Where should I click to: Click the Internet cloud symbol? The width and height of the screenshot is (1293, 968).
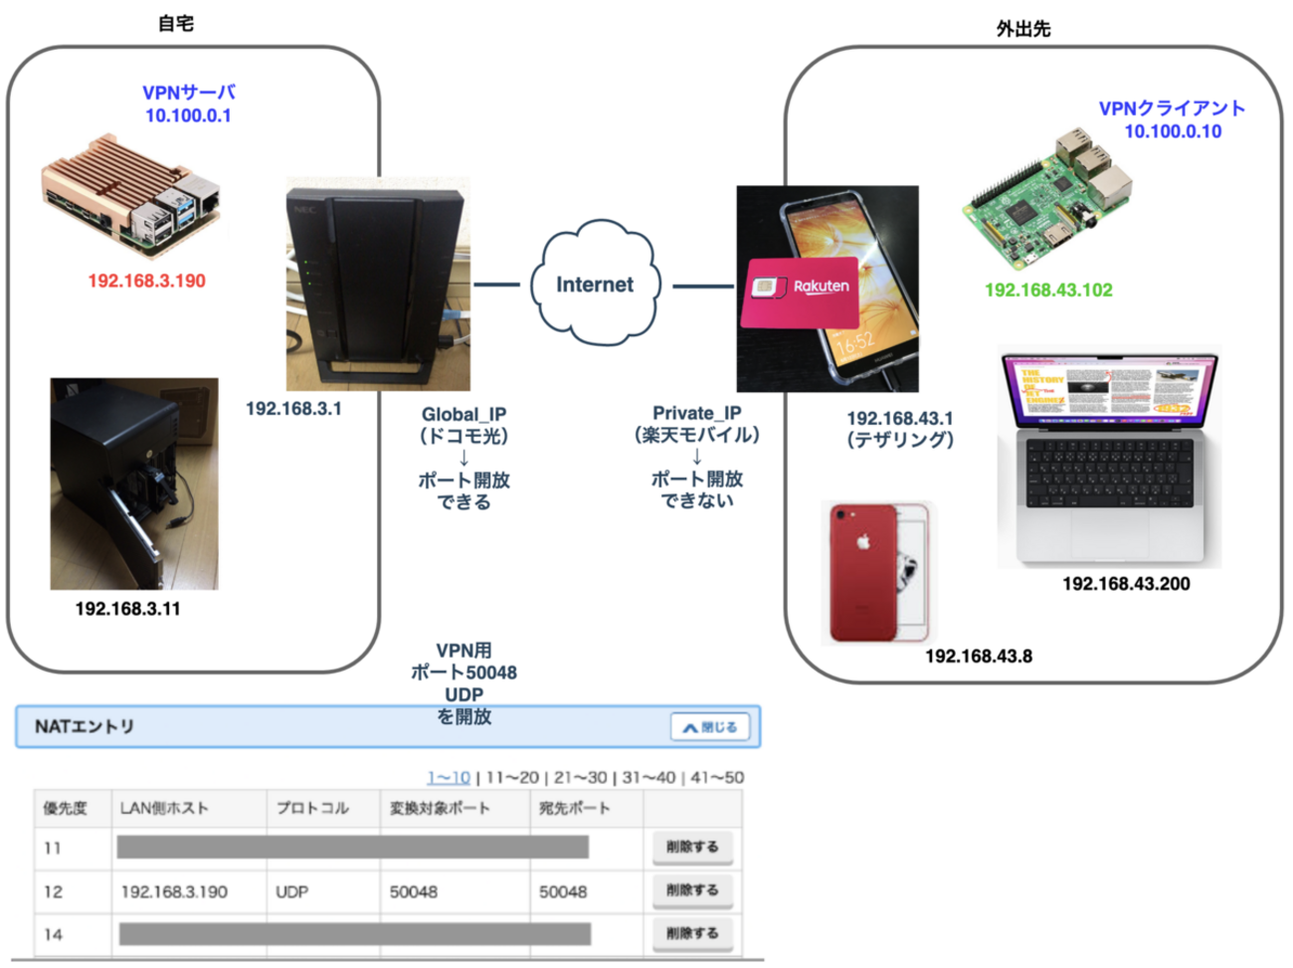tap(595, 285)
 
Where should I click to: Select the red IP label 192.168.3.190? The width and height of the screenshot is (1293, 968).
tap(147, 281)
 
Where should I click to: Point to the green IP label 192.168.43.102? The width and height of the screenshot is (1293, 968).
tap(1048, 290)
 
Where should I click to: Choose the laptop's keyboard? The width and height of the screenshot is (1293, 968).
tap(1109, 473)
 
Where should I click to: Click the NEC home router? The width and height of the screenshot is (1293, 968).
tap(377, 285)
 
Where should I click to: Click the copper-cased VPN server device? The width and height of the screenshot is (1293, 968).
tap(130, 194)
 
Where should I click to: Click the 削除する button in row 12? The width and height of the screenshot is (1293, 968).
tap(692, 890)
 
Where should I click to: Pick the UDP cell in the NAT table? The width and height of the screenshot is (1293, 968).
tap(291, 892)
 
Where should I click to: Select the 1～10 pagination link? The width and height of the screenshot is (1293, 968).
tap(449, 777)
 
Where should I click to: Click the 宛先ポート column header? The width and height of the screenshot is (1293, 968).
tap(574, 808)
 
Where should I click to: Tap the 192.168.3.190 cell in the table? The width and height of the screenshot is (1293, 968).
tap(174, 892)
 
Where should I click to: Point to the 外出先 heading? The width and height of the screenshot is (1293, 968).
tap(1023, 29)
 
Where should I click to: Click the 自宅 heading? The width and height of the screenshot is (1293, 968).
tap(176, 23)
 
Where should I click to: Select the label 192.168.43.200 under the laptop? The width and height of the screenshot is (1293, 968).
tap(1126, 584)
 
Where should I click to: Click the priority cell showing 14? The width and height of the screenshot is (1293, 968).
tap(54, 934)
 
